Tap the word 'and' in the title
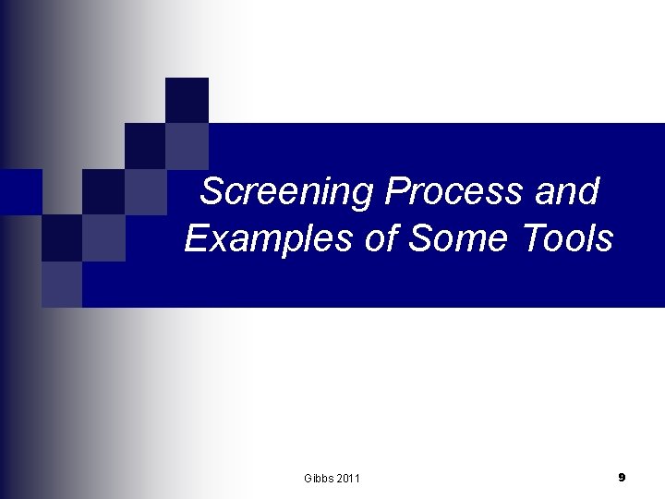click(573, 193)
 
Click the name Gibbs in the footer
click(319, 478)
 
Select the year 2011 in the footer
click(348, 478)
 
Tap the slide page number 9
click(622, 477)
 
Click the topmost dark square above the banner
click(187, 100)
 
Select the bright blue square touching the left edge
click(20, 191)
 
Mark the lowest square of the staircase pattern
click(61, 284)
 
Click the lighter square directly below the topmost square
click(187, 145)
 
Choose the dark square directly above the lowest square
click(61, 238)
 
